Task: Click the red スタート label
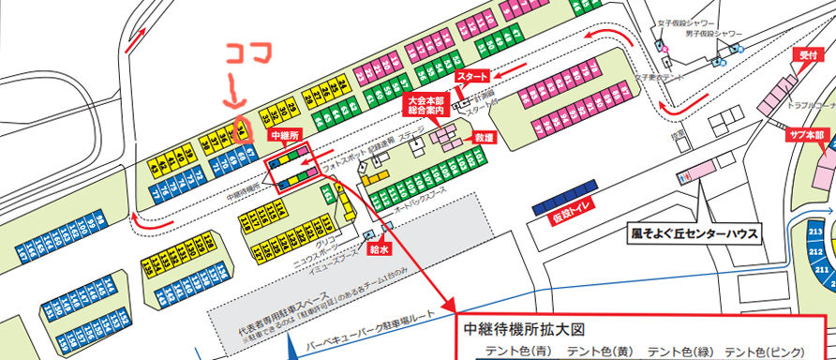(472, 75)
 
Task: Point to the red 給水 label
(380, 249)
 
